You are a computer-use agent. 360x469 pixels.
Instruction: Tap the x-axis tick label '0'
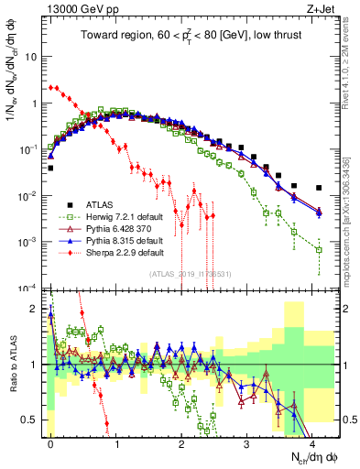click(50, 442)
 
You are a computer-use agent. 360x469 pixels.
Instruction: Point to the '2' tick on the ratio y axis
click(37, 309)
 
